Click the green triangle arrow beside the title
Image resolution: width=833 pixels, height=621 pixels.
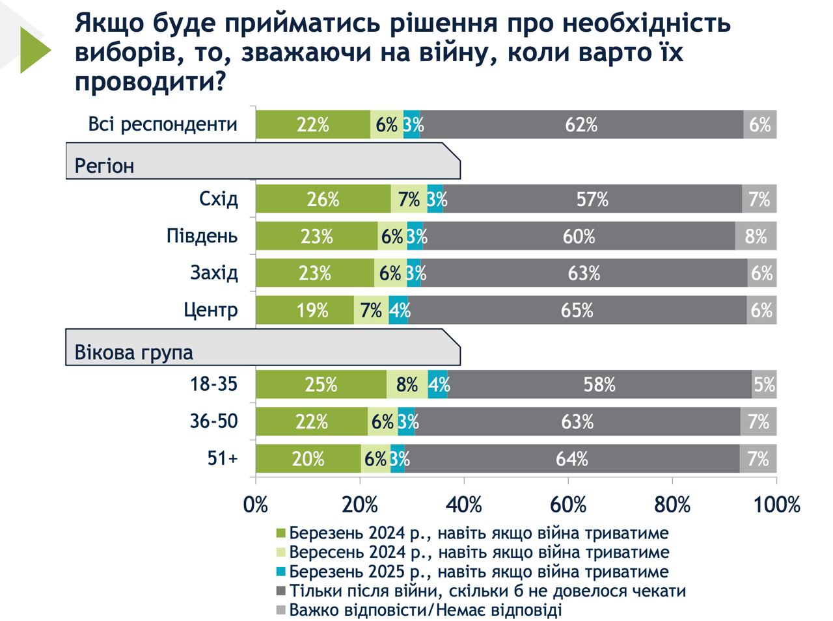[x=34, y=50]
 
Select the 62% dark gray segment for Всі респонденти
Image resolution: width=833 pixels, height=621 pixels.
[x=581, y=125]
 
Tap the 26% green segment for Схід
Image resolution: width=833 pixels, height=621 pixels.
[x=323, y=199]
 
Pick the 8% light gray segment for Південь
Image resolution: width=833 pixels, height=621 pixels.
[x=756, y=236]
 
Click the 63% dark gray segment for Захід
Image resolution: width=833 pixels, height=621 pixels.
[x=584, y=273]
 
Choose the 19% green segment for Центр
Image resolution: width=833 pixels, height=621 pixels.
[x=305, y=310]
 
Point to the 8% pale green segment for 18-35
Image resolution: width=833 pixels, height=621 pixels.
[x=407, y=385]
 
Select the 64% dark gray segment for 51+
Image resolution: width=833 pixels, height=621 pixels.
[x=571, y=459]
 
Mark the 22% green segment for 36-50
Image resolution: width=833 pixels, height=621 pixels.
[x=311, y=422]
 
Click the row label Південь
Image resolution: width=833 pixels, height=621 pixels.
[x=202, y=236]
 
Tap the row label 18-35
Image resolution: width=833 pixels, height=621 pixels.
[x=213, y=384]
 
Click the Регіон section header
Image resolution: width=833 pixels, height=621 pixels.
[x=104, y=166]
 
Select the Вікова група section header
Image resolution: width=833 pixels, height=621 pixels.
[x=133, y=352]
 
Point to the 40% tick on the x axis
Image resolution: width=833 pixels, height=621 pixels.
[x=464, y=505]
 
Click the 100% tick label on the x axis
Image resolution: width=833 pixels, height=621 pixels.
[x=776, y=505]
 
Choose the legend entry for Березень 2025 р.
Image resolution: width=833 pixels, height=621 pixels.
[x=478, y=572]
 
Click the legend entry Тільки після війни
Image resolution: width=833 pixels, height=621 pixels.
[x=487, y=591]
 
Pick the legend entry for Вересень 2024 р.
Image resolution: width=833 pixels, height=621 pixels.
[x=478, y=552]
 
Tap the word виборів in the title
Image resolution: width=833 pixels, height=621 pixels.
[x=124, y=53]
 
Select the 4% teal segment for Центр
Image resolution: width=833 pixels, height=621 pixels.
[x=398, y=310]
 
